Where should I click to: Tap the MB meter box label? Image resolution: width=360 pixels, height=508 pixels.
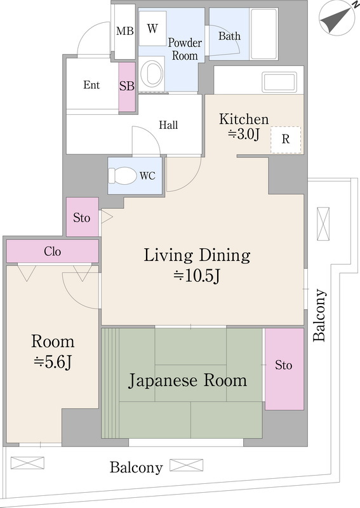coord(124,32)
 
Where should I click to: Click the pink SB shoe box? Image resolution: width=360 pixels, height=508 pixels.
coord(127,87)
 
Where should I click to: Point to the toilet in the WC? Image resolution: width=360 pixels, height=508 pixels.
coord(123,175)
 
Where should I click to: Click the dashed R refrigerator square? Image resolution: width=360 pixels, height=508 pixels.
coord(286,140)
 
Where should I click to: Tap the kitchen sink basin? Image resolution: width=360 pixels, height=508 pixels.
coord(279,82)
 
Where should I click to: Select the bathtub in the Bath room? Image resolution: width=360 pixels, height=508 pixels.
coord(263,34)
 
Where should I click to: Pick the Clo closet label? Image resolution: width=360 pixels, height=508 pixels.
coord(53,251)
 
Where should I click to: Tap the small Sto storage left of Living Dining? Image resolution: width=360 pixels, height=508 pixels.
coord(82,218)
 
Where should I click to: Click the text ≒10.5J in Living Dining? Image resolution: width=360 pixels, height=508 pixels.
coord(197,276)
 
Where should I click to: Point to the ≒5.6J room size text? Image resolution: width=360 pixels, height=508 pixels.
coord(53,362)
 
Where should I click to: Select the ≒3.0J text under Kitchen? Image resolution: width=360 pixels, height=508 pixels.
coord(244,133)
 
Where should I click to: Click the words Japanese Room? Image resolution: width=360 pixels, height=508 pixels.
coord(187,381)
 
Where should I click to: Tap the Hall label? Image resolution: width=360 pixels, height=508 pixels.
coord(168,125)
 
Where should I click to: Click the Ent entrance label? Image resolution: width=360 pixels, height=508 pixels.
coord(91,85)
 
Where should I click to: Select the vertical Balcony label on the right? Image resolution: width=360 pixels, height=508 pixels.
coord(321,316)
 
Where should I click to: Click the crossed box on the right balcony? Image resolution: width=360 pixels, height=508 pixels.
coord(323,224)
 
